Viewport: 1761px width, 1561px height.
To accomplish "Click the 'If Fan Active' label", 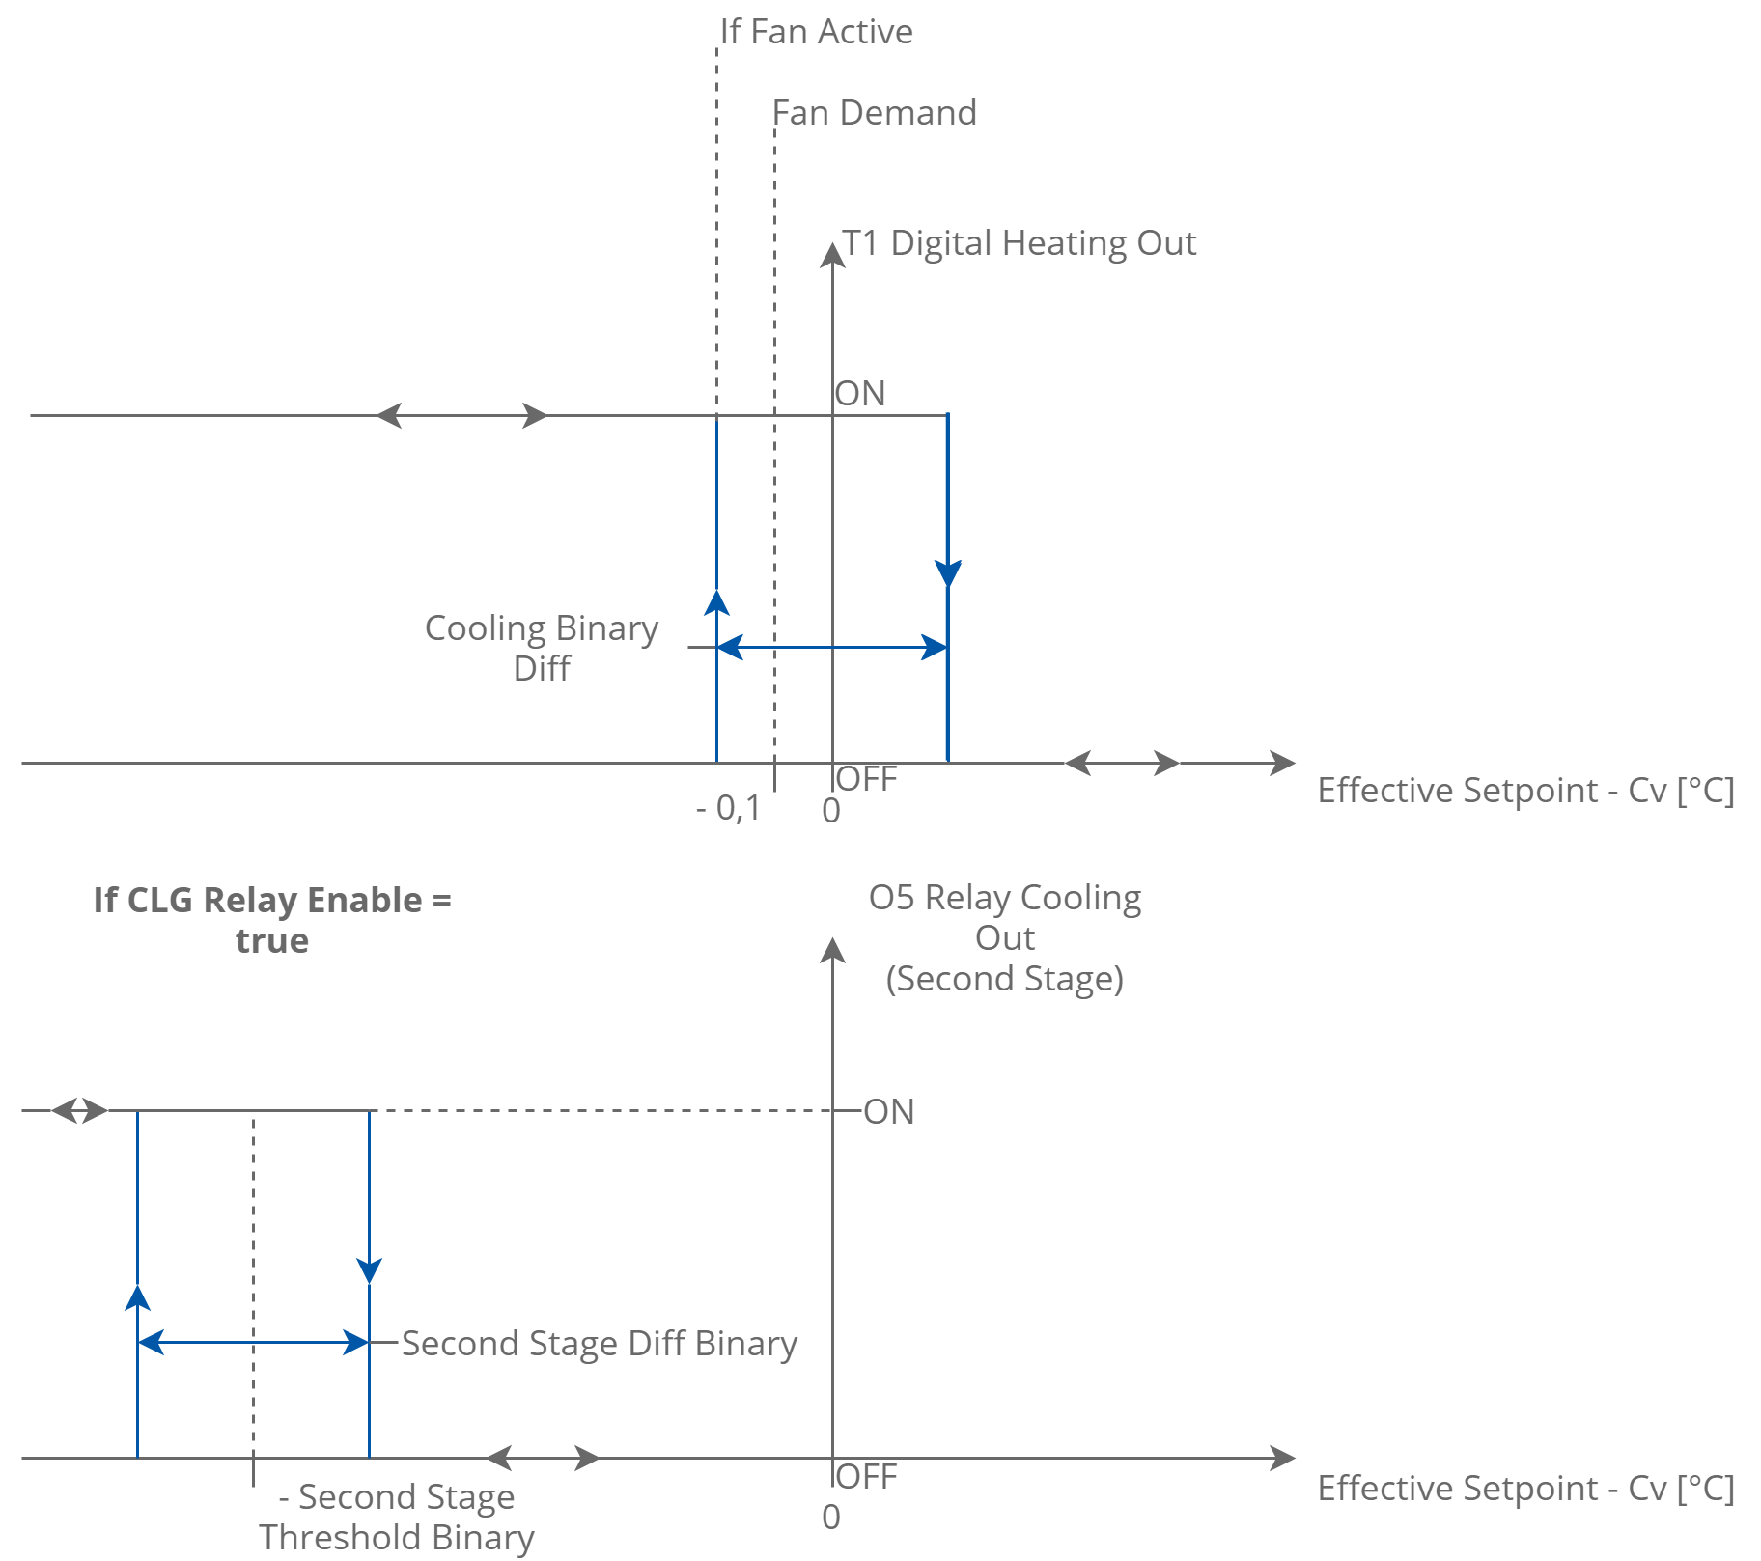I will click(817, 32).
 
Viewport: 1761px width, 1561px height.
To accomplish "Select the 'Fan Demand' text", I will click(875, 113).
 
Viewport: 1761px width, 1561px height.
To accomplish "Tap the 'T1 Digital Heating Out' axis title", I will click(1020, 243).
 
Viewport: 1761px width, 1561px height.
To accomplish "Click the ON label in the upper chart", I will click(860, 394).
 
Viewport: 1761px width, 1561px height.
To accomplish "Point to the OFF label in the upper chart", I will click(867, 779).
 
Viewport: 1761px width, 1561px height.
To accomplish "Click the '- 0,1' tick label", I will click(728, 809).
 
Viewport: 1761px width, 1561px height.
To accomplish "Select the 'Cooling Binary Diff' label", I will click(542, 648).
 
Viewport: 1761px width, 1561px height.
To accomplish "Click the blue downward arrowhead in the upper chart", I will click(948, 573).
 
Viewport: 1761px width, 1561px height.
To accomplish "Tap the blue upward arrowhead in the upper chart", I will click(716, 602).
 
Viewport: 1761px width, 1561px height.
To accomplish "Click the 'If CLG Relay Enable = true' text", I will click(272, 920).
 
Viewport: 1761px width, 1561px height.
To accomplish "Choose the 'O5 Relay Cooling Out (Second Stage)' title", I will click(1005, 937).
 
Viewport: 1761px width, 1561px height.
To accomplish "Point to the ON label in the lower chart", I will click(889, 1112).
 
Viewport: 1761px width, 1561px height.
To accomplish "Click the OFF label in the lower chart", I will click(867, 1477).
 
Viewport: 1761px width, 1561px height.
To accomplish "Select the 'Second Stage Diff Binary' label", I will click(600, 1344).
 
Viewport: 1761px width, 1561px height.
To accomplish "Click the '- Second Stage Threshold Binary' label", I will click(397, 1517).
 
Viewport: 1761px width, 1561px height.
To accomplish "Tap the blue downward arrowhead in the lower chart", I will click(369, 1270).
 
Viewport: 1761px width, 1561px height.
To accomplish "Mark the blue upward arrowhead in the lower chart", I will click(138, 1297).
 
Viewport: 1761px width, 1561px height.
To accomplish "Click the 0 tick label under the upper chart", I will click(831, 812).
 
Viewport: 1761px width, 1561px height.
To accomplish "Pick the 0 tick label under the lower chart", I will click(831, 1518).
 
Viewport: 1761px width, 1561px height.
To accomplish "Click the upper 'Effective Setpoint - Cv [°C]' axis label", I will click(1525, 791).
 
